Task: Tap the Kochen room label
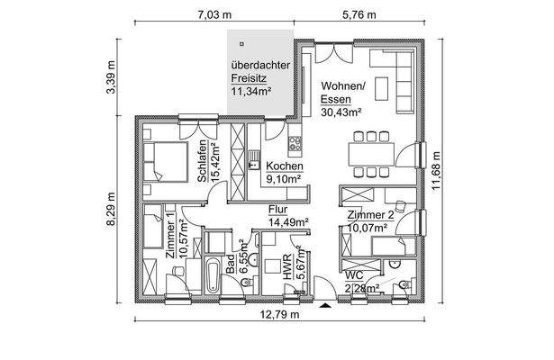coord(284,167)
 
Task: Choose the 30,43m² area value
coord(341,112)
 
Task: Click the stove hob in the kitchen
coord(294,143)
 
